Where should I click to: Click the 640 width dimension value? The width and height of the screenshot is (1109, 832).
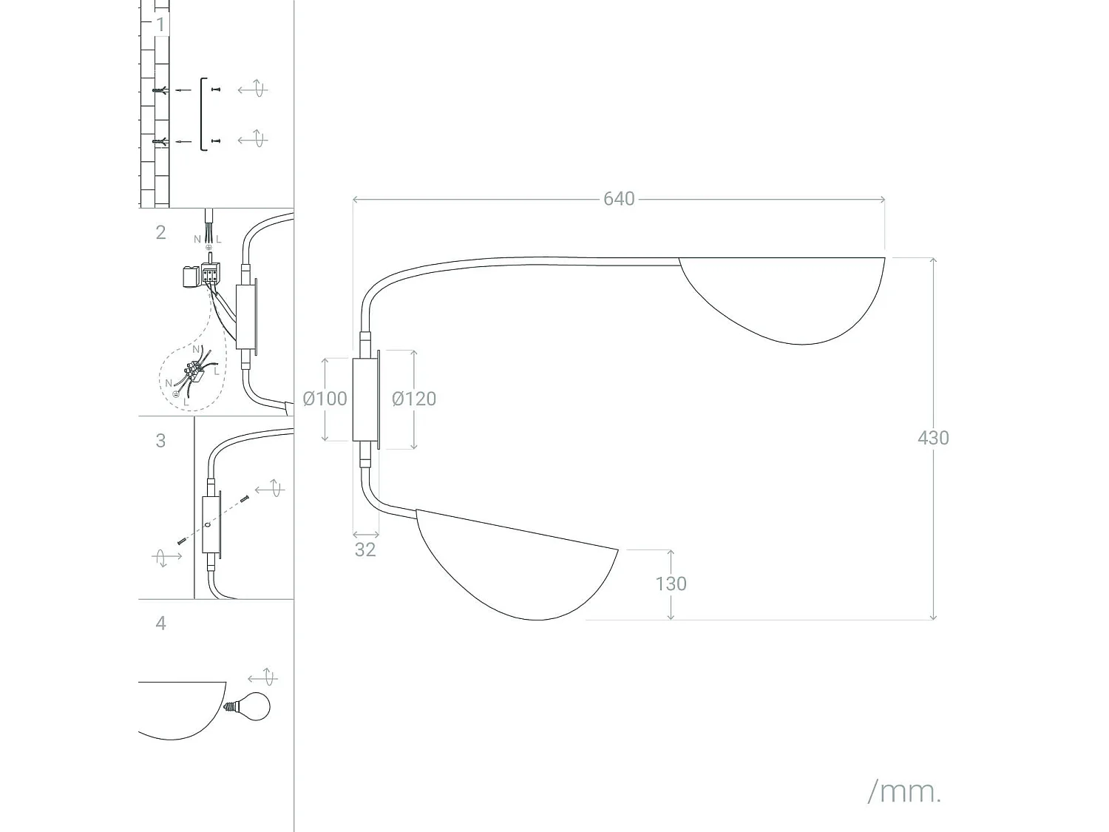click(619, 199)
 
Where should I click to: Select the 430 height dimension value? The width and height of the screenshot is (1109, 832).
click(932, 438)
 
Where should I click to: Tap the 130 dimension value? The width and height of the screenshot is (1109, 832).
click(671, 584)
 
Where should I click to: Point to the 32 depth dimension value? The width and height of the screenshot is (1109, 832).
click(365, 549)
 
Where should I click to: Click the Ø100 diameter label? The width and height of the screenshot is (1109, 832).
click(325, 399)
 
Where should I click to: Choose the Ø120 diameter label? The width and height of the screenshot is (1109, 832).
click(414, 399)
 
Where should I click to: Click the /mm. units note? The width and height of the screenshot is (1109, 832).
click(904, 792)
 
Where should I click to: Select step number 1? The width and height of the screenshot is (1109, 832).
click(160, 24)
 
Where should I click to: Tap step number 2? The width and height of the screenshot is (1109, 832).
click(160, 232)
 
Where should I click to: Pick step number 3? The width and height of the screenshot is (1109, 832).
click(160, 441)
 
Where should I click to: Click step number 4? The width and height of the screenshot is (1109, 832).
click(160, 623)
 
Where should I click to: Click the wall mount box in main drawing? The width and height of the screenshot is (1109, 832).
click(364, 399)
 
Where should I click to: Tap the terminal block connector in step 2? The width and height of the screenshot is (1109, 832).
click(210, 274)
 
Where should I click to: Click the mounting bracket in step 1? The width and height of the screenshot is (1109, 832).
click(203, 114)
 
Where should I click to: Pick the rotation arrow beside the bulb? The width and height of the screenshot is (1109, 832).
click(262, 677)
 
